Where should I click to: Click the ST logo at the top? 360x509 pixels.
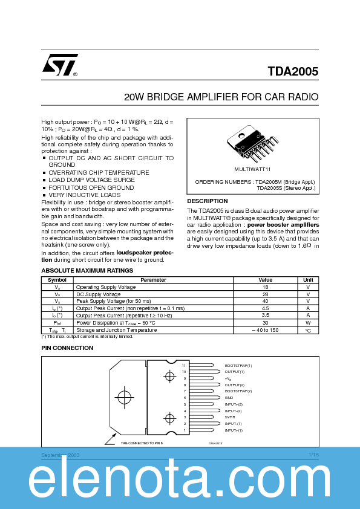(59, 65)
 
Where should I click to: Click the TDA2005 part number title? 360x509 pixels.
(293, 71)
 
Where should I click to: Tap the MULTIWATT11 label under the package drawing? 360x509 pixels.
(252, 169)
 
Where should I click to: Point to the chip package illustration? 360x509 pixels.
(253, 144)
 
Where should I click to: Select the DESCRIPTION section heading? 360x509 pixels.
(208, 201)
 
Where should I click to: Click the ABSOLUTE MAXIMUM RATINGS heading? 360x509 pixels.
(87, 270)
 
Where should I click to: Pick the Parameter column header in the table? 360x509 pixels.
(153, 280)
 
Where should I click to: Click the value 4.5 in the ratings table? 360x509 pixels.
(266, 308)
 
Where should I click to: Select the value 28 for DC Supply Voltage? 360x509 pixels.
(266, 294)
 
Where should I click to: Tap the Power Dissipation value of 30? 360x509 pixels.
(266, 322)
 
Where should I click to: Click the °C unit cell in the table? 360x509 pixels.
(308, 330)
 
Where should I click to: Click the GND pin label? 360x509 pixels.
(229, 398)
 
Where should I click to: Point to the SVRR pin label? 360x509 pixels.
(230, 417)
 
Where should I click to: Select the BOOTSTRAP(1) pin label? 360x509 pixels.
(238, 366)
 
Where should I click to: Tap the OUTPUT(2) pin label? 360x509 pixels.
(234, 384)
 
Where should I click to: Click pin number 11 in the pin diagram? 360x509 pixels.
(184, 366)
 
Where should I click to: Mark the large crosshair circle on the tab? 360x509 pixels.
(124, 398)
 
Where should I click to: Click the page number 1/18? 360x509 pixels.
(313, 454)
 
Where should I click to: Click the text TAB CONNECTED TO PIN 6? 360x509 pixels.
(142, 443)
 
